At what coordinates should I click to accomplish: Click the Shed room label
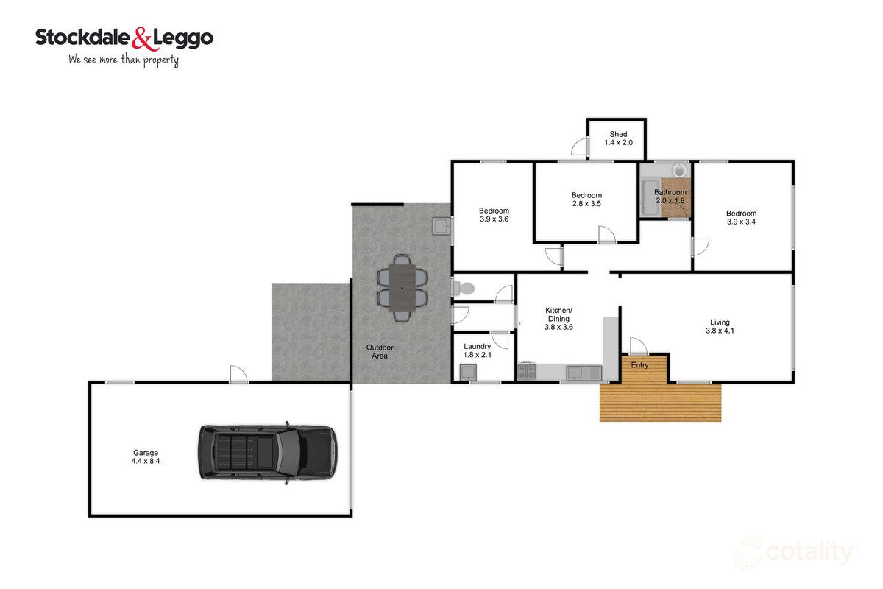[x=618, y=138]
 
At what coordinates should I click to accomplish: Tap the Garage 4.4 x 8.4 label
[x=146, y=456]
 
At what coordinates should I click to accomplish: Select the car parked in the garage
[x=268, y=453]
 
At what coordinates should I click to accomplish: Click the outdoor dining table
[x=402, y=288]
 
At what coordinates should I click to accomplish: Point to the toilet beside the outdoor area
[x=464, y=289]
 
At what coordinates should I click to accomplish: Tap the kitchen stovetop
[x=526, y=372]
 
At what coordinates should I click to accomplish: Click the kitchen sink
[x=584, y=373]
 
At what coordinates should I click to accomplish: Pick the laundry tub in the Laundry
[x=468, y=373]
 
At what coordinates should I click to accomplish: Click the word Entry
[x=639, y=365]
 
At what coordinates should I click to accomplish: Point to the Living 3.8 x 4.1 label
[x=720, y=327]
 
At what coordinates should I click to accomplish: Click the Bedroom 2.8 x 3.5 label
[x=586, y=200]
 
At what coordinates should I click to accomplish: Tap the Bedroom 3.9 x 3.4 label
[x=741, y=217]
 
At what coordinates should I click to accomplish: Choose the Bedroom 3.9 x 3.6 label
[x=494, y=215]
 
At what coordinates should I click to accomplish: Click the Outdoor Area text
[x=380, y=351]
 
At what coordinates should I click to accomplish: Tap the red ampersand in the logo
[x=141, y=39]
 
